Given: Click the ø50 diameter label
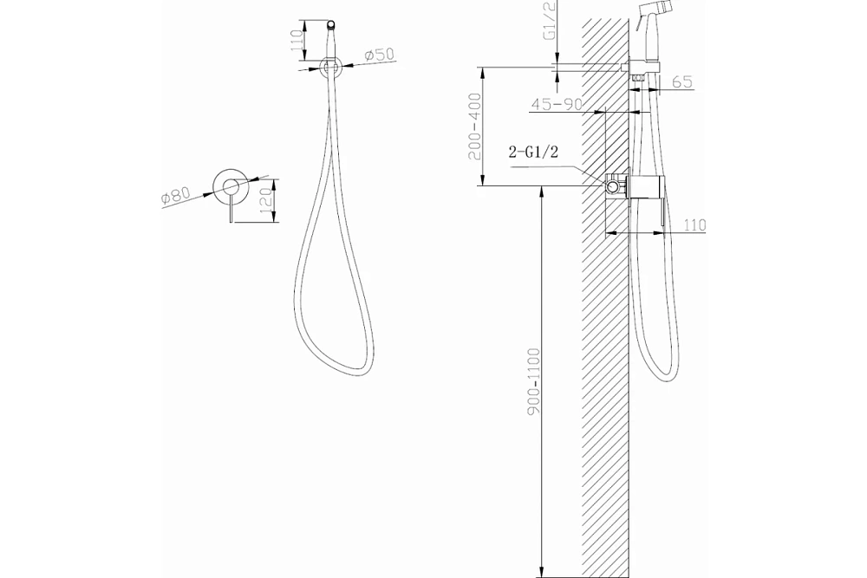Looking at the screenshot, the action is [380, 55].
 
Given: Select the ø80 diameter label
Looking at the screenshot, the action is [176, 196].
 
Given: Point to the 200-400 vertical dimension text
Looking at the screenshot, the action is [475, 126].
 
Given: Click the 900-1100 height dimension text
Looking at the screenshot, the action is [534, 380].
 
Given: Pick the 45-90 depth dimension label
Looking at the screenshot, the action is [556, 104].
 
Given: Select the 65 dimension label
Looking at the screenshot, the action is [683, 81].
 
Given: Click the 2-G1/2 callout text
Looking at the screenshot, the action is [533, 152].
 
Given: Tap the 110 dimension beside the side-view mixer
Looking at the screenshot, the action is [694, 225].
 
